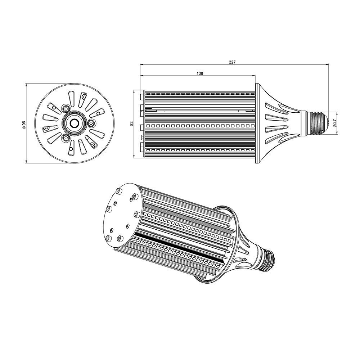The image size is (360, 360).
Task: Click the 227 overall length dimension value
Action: [x=232, y=62]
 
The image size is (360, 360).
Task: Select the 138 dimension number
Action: [x=200, y=73]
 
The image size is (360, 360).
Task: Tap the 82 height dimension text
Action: [x=132, y=123]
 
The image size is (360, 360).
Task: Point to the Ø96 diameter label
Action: [x=24, y=123]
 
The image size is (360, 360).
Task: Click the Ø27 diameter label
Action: [x=334, y=123]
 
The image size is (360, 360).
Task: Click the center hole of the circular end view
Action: [x=75, y=123]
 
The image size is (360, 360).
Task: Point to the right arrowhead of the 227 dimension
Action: [x=328, y=65]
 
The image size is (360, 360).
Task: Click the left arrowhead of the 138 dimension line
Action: [x=141, y=76]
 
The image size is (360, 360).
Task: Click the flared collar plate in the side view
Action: [x=257, y=123]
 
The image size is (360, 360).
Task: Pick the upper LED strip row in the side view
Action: [x=200, y=126]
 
